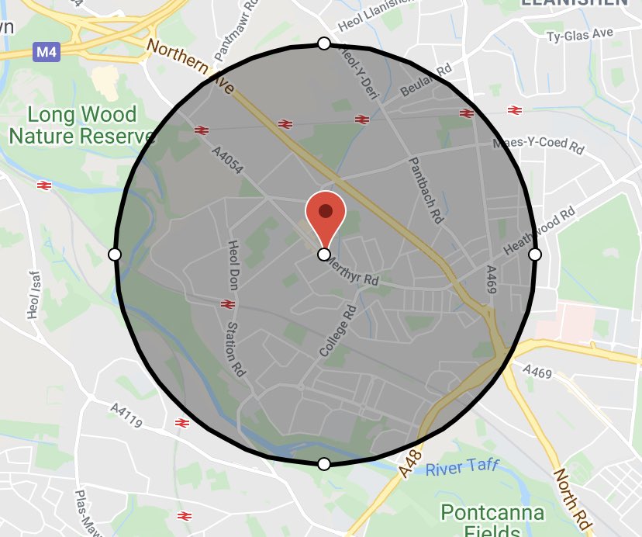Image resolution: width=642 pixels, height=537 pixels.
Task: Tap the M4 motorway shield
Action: pos(46,53)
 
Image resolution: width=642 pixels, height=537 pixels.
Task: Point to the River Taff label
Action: pos(462,468)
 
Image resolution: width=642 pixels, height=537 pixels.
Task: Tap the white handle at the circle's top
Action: pos(324,43)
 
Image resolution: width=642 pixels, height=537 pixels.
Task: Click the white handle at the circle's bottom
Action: pos(324,464)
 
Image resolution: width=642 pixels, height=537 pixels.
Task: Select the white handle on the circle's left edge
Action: pos(115,254)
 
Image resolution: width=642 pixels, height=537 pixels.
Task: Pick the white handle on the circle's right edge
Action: pos(534,254)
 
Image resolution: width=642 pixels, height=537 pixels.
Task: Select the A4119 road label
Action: pos(126,415)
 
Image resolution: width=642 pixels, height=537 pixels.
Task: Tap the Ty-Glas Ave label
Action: pos(579,36)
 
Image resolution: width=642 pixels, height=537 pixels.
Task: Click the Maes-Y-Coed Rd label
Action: pos(538,146)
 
